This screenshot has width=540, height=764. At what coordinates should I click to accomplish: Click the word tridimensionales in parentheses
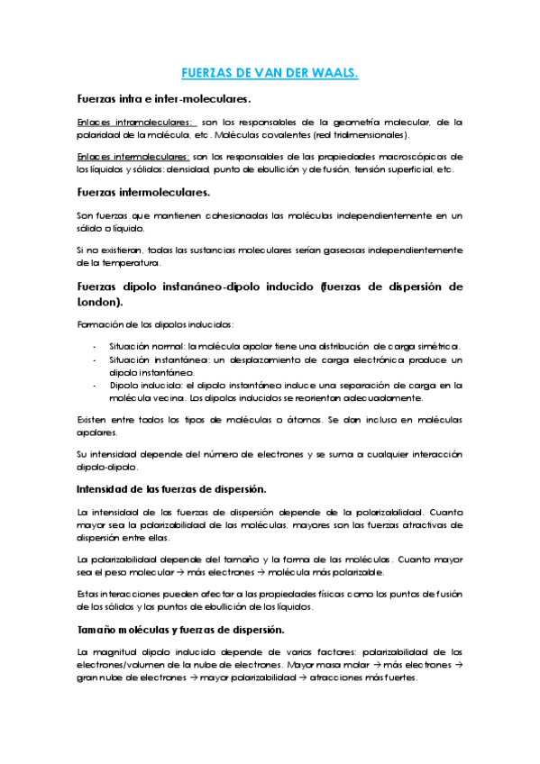tap(373, 135)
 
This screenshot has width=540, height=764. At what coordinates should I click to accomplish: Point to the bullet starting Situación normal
tap(136, 346)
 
